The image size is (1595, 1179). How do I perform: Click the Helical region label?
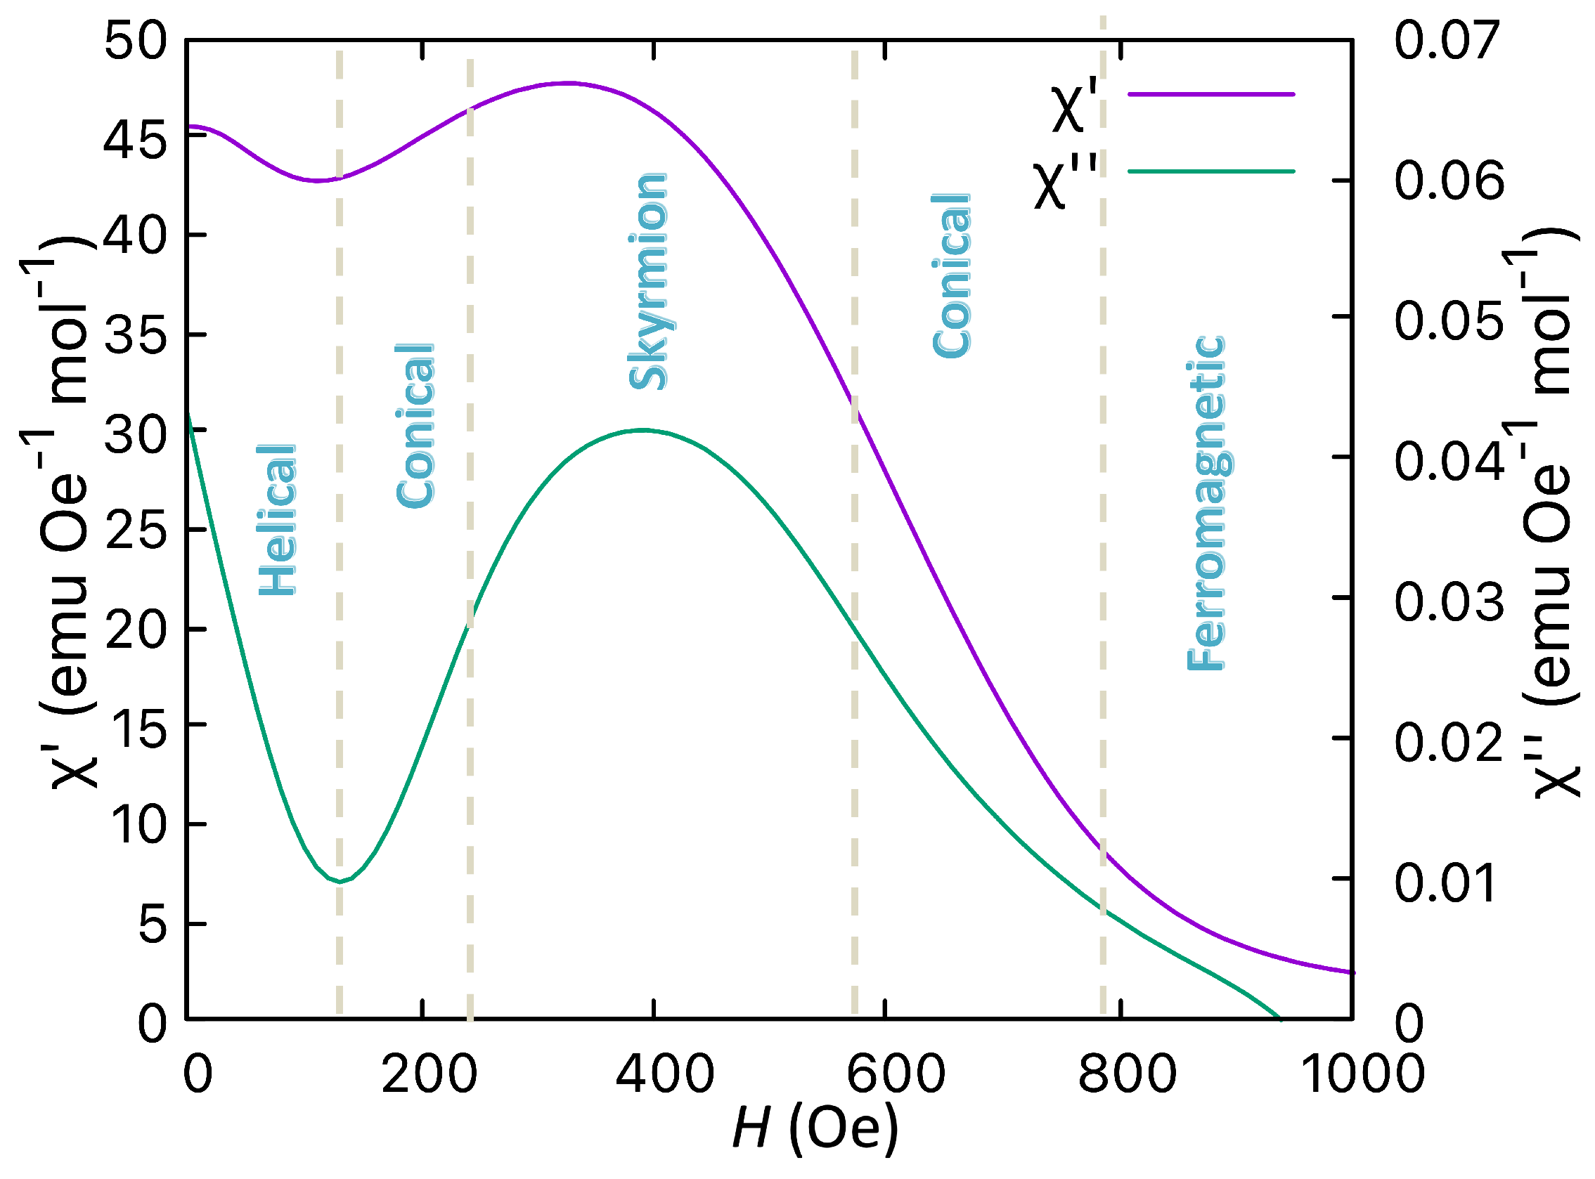[x=277, y=519]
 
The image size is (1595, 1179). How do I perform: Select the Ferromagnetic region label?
[x=1206, y=503]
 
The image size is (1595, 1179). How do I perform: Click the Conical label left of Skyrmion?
[x=415, y=426]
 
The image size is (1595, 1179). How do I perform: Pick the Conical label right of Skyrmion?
[x=952, y=275]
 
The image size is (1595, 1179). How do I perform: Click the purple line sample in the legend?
[x=1211, y=94]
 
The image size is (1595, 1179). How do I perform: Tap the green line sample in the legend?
[x=1211, y=171]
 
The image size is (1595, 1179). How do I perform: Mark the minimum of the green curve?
[x=340, y=882]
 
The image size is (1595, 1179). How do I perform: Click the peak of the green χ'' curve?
[x=644, y=429]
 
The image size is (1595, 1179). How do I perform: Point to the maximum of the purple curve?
[x=567, y=83]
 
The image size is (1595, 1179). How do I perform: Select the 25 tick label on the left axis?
[x=136, y=530]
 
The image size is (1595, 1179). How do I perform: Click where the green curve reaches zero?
[x=1280, y=1018]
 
